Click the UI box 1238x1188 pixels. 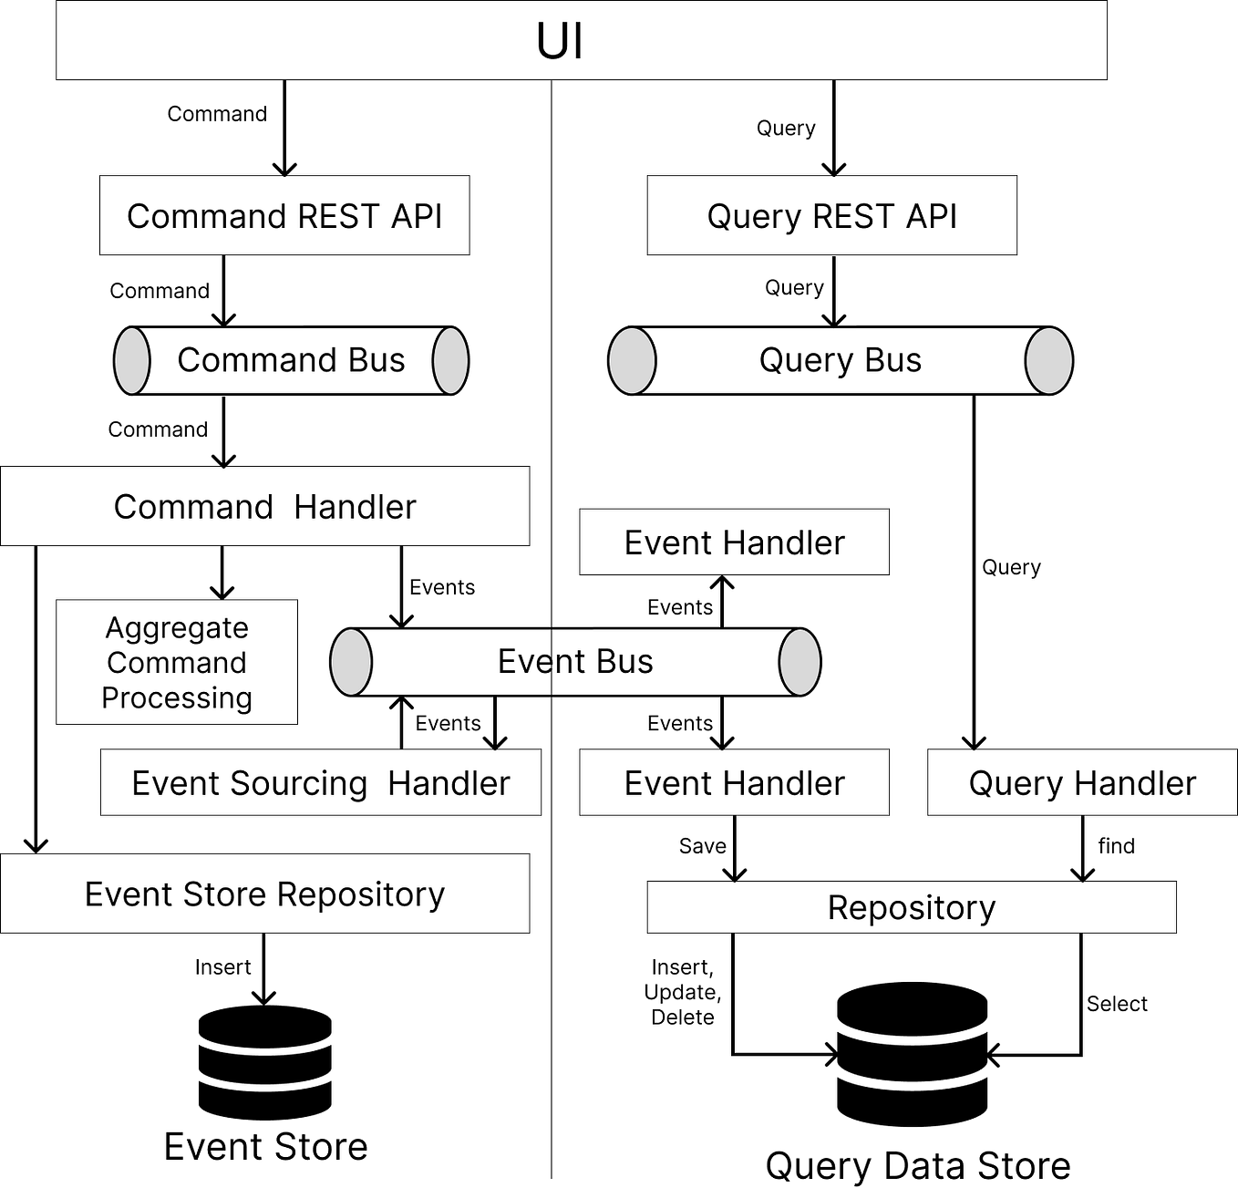[x=581, y=41]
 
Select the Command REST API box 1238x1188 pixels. [x=284, y=216]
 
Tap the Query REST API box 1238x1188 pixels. [x=831, y=216]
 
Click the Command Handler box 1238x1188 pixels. [x=264, y=507]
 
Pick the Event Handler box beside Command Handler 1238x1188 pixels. [x=734, y=542]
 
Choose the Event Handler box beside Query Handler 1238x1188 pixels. [x=734, y=783]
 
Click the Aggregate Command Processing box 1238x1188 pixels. [x=177, y=663]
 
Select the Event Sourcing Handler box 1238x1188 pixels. [x=320, y=783]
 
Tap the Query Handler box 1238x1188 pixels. [x=1082, y=783]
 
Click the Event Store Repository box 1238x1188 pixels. [x=264, y=894]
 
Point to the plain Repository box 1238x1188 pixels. [x=912, y=908]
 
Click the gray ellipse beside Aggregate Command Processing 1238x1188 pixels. [x=351, y=663]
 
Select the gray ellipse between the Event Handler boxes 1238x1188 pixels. [x=800, y=663]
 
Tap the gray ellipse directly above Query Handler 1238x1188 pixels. [x=1048, y=361]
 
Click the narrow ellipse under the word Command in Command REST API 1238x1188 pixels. [x=132, y=361]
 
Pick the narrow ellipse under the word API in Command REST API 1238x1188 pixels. [x=450, y=361]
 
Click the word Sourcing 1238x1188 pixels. [x=298, y=784]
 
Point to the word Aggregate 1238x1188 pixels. [x=177, y=628]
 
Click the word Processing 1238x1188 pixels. [x=177, y=697]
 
